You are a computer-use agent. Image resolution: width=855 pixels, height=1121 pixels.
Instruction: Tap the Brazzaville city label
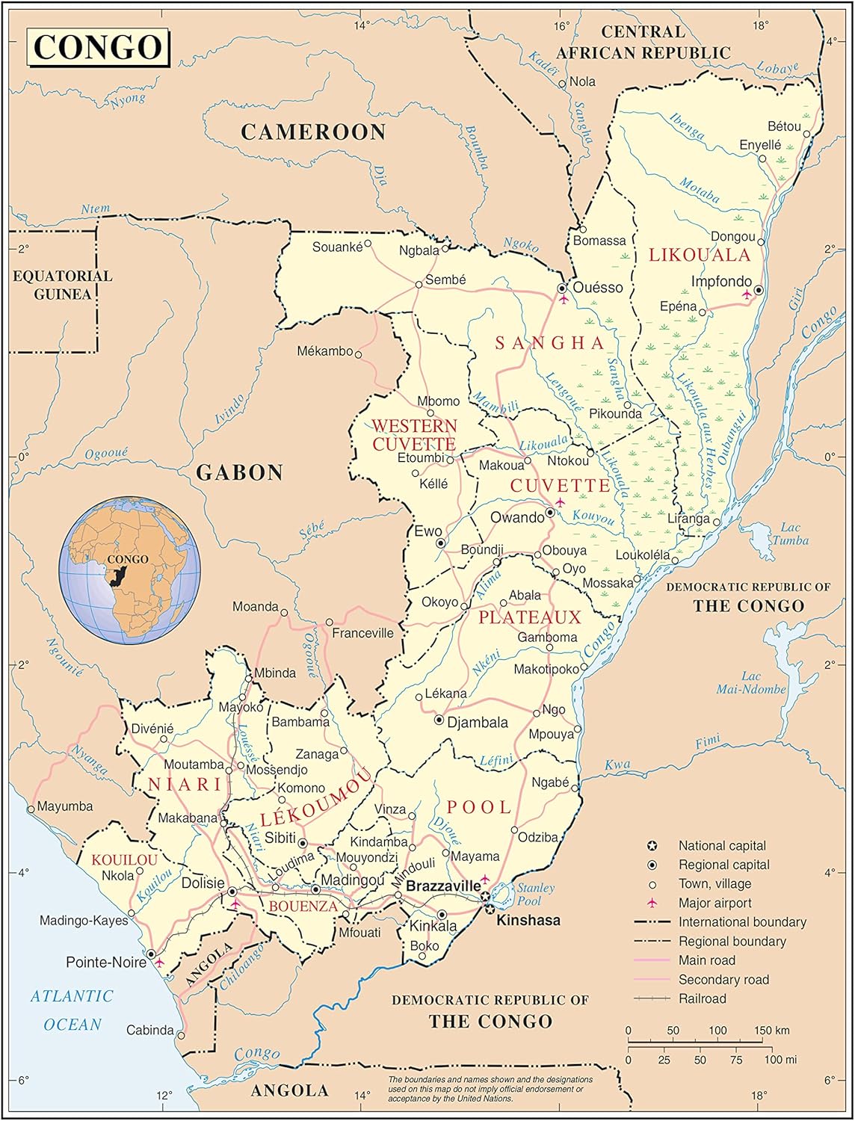443,886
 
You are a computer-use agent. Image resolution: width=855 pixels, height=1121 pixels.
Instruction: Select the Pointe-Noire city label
105,963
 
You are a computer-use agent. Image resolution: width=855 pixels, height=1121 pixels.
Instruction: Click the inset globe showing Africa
129,571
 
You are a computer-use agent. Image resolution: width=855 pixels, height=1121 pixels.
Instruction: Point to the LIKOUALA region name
699,256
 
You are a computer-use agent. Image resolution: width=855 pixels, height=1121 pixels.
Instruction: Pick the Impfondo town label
721,282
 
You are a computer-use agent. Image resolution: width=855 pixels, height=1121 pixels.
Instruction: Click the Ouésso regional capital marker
562,288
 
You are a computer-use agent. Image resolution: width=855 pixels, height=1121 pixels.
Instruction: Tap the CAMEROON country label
313,132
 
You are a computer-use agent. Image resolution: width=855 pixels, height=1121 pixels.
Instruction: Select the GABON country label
239,472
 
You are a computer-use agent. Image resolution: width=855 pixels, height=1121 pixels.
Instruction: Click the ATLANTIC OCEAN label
72,1010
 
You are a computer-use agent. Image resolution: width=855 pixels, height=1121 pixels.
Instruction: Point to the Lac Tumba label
790,534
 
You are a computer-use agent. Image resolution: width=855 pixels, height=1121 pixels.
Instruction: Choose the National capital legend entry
721,846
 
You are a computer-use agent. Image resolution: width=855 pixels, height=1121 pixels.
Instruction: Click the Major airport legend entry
714,904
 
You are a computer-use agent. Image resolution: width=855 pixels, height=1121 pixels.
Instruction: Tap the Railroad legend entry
702,998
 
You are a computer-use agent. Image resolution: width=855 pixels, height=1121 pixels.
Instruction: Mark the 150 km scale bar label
771,1031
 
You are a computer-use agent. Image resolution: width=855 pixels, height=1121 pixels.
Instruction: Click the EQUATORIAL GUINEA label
62,285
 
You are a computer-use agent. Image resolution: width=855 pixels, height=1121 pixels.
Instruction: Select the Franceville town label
362,633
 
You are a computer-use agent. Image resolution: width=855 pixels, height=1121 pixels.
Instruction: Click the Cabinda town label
149,1031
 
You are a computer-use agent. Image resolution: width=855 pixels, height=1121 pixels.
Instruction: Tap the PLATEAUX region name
529,617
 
